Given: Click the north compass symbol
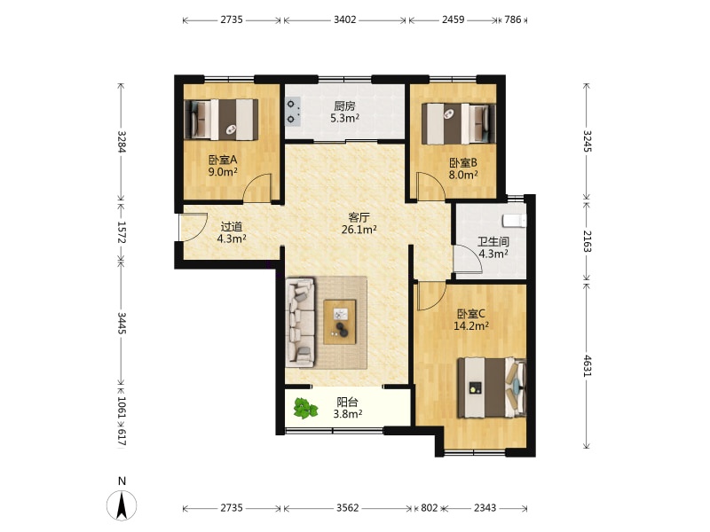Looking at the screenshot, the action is tap(122, 505).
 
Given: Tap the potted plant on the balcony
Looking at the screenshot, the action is tap(305, 408).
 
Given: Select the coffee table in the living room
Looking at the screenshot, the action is tap(340, 322).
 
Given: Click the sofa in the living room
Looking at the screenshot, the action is tap(300, 322).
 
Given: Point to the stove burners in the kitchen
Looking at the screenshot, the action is tap(292, 113).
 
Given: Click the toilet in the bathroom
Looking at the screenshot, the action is tap(515, 220).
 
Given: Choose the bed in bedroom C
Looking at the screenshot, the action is tap(492, 387).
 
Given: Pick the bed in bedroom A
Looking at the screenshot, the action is tap(221, 119).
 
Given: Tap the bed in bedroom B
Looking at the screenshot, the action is tap(459, 124).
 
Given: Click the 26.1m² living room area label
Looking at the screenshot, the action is tap(359, 230).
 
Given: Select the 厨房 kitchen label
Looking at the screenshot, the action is tap(344, 106).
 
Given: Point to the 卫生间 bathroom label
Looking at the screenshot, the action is tap(493, 241).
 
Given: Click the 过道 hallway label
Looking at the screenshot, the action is tap(232, 226).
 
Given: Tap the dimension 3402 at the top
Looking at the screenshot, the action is tap(345, 20).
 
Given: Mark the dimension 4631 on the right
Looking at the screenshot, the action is tap(587, 366).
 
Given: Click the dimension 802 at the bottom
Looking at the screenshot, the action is tap(430, 508).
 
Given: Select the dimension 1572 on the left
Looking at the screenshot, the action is tap(121, 231).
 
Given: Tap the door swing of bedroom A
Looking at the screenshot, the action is tap(257, 188).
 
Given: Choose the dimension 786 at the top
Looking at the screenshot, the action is tap(513, 20).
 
